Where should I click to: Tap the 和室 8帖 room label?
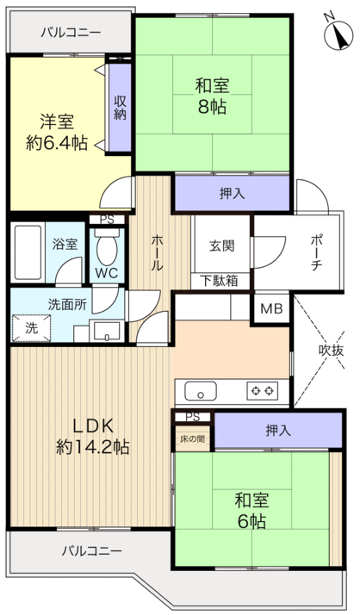[212, 96]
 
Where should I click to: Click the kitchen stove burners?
[263, 392]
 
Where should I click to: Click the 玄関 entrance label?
[221, 244]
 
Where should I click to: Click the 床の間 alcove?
[193, 439]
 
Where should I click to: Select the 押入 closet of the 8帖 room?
[232, 193]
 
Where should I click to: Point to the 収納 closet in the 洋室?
[120, 107]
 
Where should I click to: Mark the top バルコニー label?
[72, 32]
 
